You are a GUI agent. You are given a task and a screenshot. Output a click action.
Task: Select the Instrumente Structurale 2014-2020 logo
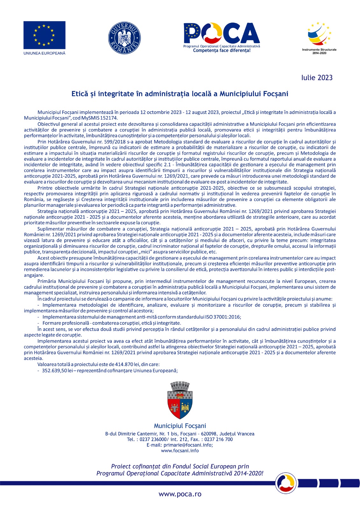[x=319, y=37]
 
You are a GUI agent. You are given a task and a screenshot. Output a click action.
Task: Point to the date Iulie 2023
[x=317, y=78]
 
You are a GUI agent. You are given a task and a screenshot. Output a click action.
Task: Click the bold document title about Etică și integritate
[x=180, y=94]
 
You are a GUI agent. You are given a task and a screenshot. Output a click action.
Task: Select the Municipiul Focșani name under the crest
[x=180, y=426]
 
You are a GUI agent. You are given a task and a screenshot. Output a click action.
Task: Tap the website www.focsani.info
[x=180, y=450]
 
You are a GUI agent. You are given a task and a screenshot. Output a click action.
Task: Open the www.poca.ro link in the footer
[x=180, y=494]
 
